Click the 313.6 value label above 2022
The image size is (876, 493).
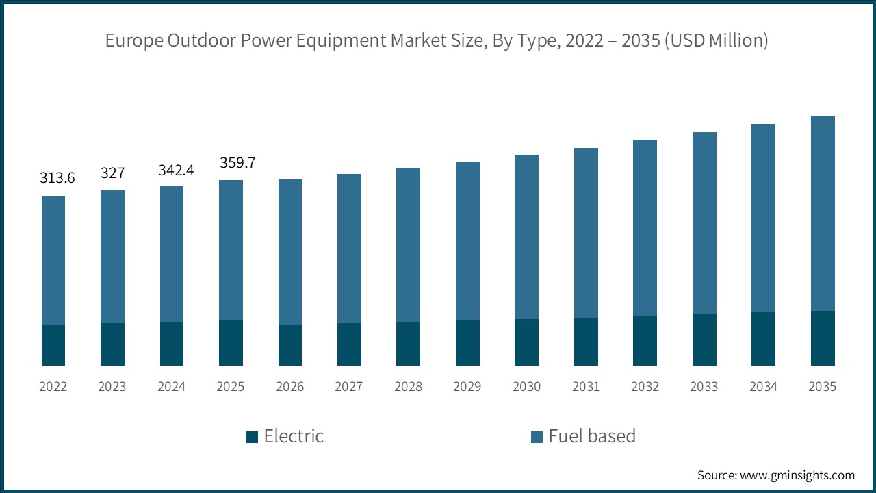tap(58, 178)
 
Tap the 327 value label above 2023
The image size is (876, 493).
tap(112, 173)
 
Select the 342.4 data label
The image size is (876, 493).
tap(176, 170)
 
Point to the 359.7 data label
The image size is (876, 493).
tap(237, 163)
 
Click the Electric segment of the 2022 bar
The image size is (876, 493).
tap(53, 345)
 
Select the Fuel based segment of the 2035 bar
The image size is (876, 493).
tap(823, 213)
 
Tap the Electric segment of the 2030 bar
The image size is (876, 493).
tap(526, 342)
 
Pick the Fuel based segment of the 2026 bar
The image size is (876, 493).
tap(290, 252)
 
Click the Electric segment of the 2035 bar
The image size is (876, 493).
tap(823, 338)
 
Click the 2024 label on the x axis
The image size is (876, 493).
tap(171, 387)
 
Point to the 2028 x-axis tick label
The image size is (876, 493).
tap(408, 387)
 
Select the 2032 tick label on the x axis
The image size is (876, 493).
tap(645, 387)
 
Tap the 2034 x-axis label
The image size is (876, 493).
tap(763, 387)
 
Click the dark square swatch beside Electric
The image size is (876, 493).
tap(252, 437)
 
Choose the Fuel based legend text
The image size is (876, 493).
tap(592, 436)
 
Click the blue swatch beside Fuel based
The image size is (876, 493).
tap(537, 437)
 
